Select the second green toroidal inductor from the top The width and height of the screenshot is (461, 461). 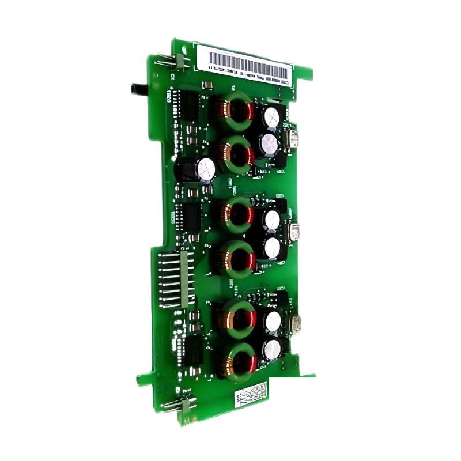point(236,154)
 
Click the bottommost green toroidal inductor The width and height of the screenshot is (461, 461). point(239,361)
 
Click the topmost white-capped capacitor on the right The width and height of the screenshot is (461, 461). point(270,118)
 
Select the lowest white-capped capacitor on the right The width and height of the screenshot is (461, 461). point(271,349)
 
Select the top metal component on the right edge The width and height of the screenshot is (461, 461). point(294,138)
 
